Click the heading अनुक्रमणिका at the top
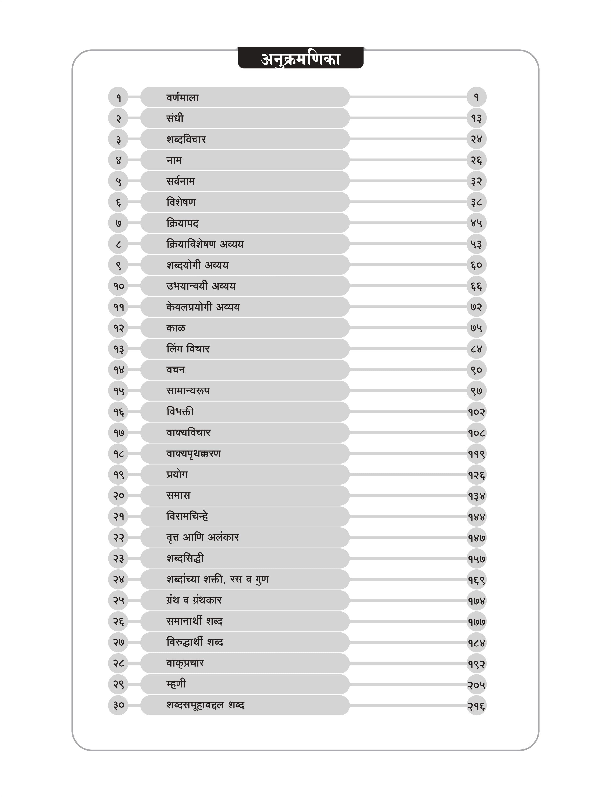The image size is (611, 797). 300,59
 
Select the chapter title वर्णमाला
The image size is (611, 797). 183,98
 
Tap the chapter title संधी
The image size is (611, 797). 175,118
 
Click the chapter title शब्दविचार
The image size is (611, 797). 186,139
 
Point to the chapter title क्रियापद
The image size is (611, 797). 183,223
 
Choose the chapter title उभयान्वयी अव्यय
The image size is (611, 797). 201,286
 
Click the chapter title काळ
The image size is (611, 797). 176,328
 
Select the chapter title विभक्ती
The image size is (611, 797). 180,412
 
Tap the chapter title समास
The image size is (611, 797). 178,495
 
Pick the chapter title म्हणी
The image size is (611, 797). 176,684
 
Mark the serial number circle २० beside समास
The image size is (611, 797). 118,495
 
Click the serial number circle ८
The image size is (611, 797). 118,244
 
